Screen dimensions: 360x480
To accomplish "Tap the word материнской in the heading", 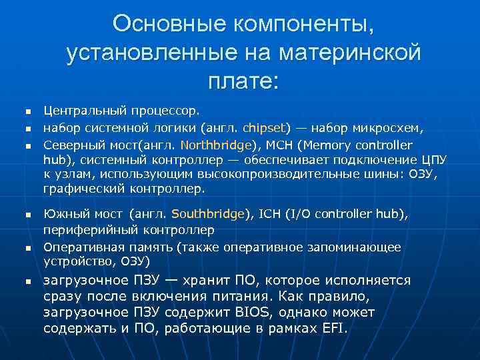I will click(x=351, y=53).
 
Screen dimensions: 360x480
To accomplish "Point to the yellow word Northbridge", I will click(x=217, y=145).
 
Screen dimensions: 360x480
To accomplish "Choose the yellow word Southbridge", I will click(x=207, y=215).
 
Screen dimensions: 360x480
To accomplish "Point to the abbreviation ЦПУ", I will click(x=433, y=159).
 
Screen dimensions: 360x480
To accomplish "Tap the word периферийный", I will click(x=86, y=230).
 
